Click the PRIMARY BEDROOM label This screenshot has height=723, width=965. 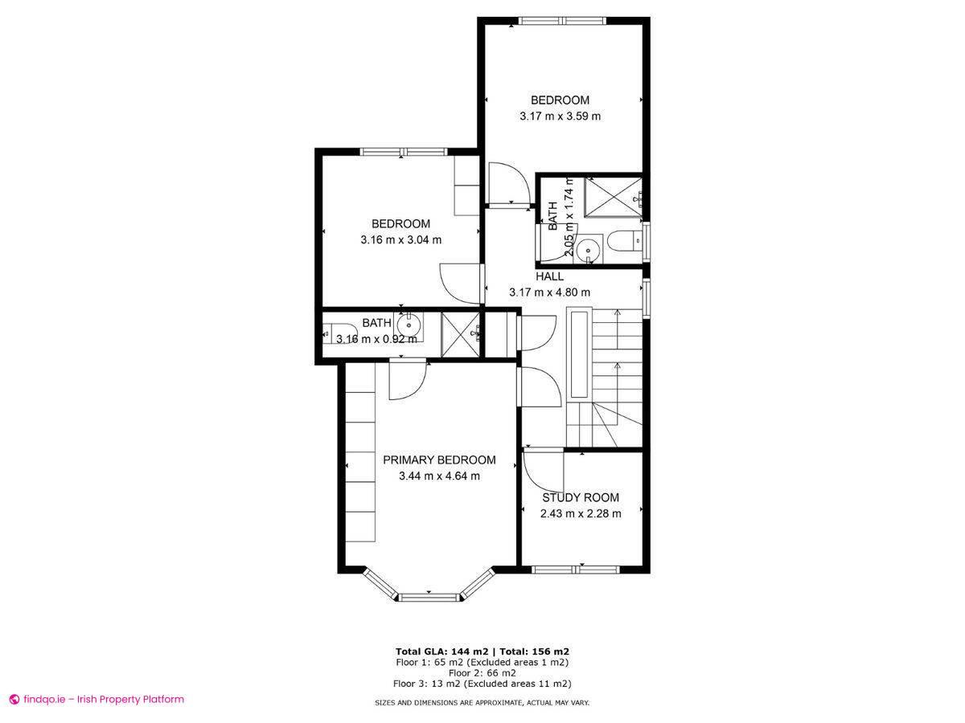click(x=439, y=460)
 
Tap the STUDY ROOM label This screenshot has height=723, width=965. click(x=580, y=498)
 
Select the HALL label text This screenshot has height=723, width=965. click(x=550, y=276)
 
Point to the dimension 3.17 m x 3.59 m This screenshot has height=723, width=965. click(x=561, y=116)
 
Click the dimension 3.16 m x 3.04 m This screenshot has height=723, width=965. click(x=401, y=239)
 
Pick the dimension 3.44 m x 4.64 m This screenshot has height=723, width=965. click(x=439, y=476)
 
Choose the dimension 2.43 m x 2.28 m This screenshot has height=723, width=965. click(x=580, y=514)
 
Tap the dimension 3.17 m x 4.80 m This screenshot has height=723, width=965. click(x=549, y=292)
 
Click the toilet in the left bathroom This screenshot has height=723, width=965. click(x=339, y=332)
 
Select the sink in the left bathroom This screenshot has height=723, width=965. click(x=409, y=325)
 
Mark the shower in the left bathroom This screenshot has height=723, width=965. click(x=461, y=332)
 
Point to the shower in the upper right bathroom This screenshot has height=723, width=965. click(x=613, y=195)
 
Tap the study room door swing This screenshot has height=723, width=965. click(x=543, y=473)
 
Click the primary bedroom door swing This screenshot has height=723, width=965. click(x=408, y=381)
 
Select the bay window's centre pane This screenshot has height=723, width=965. click(x=429, y=597)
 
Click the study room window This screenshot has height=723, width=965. click(x=575, y=570)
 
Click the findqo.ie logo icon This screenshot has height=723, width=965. click(x=14, y=700)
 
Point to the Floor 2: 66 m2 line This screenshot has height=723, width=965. click(x=482, y=673)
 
